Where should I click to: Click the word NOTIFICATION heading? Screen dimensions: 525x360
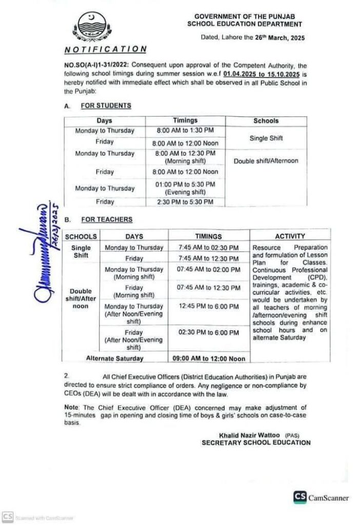tap(106, 49)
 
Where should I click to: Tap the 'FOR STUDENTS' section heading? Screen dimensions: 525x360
tap(106, 106)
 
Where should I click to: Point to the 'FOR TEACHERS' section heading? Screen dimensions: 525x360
tap(107, 219)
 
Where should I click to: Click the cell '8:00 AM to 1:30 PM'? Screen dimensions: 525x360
tap(185, 131)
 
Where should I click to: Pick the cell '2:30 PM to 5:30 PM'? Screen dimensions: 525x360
tap(185, 203)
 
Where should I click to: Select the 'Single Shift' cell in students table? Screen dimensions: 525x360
tap(266, 138)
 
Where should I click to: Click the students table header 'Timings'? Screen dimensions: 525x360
tap(185, 120)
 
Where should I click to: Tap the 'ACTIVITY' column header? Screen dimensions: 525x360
tap(290, 236)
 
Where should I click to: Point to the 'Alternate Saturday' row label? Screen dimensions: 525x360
tap(115, 358)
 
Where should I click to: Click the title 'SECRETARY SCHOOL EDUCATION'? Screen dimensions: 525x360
tap(256, 442)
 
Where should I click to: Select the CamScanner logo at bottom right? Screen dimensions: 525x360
tap(321, 497)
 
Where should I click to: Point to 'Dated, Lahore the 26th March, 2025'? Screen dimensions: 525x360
tap(254, 38)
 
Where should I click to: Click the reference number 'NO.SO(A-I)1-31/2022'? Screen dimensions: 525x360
tap(95, 66)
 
